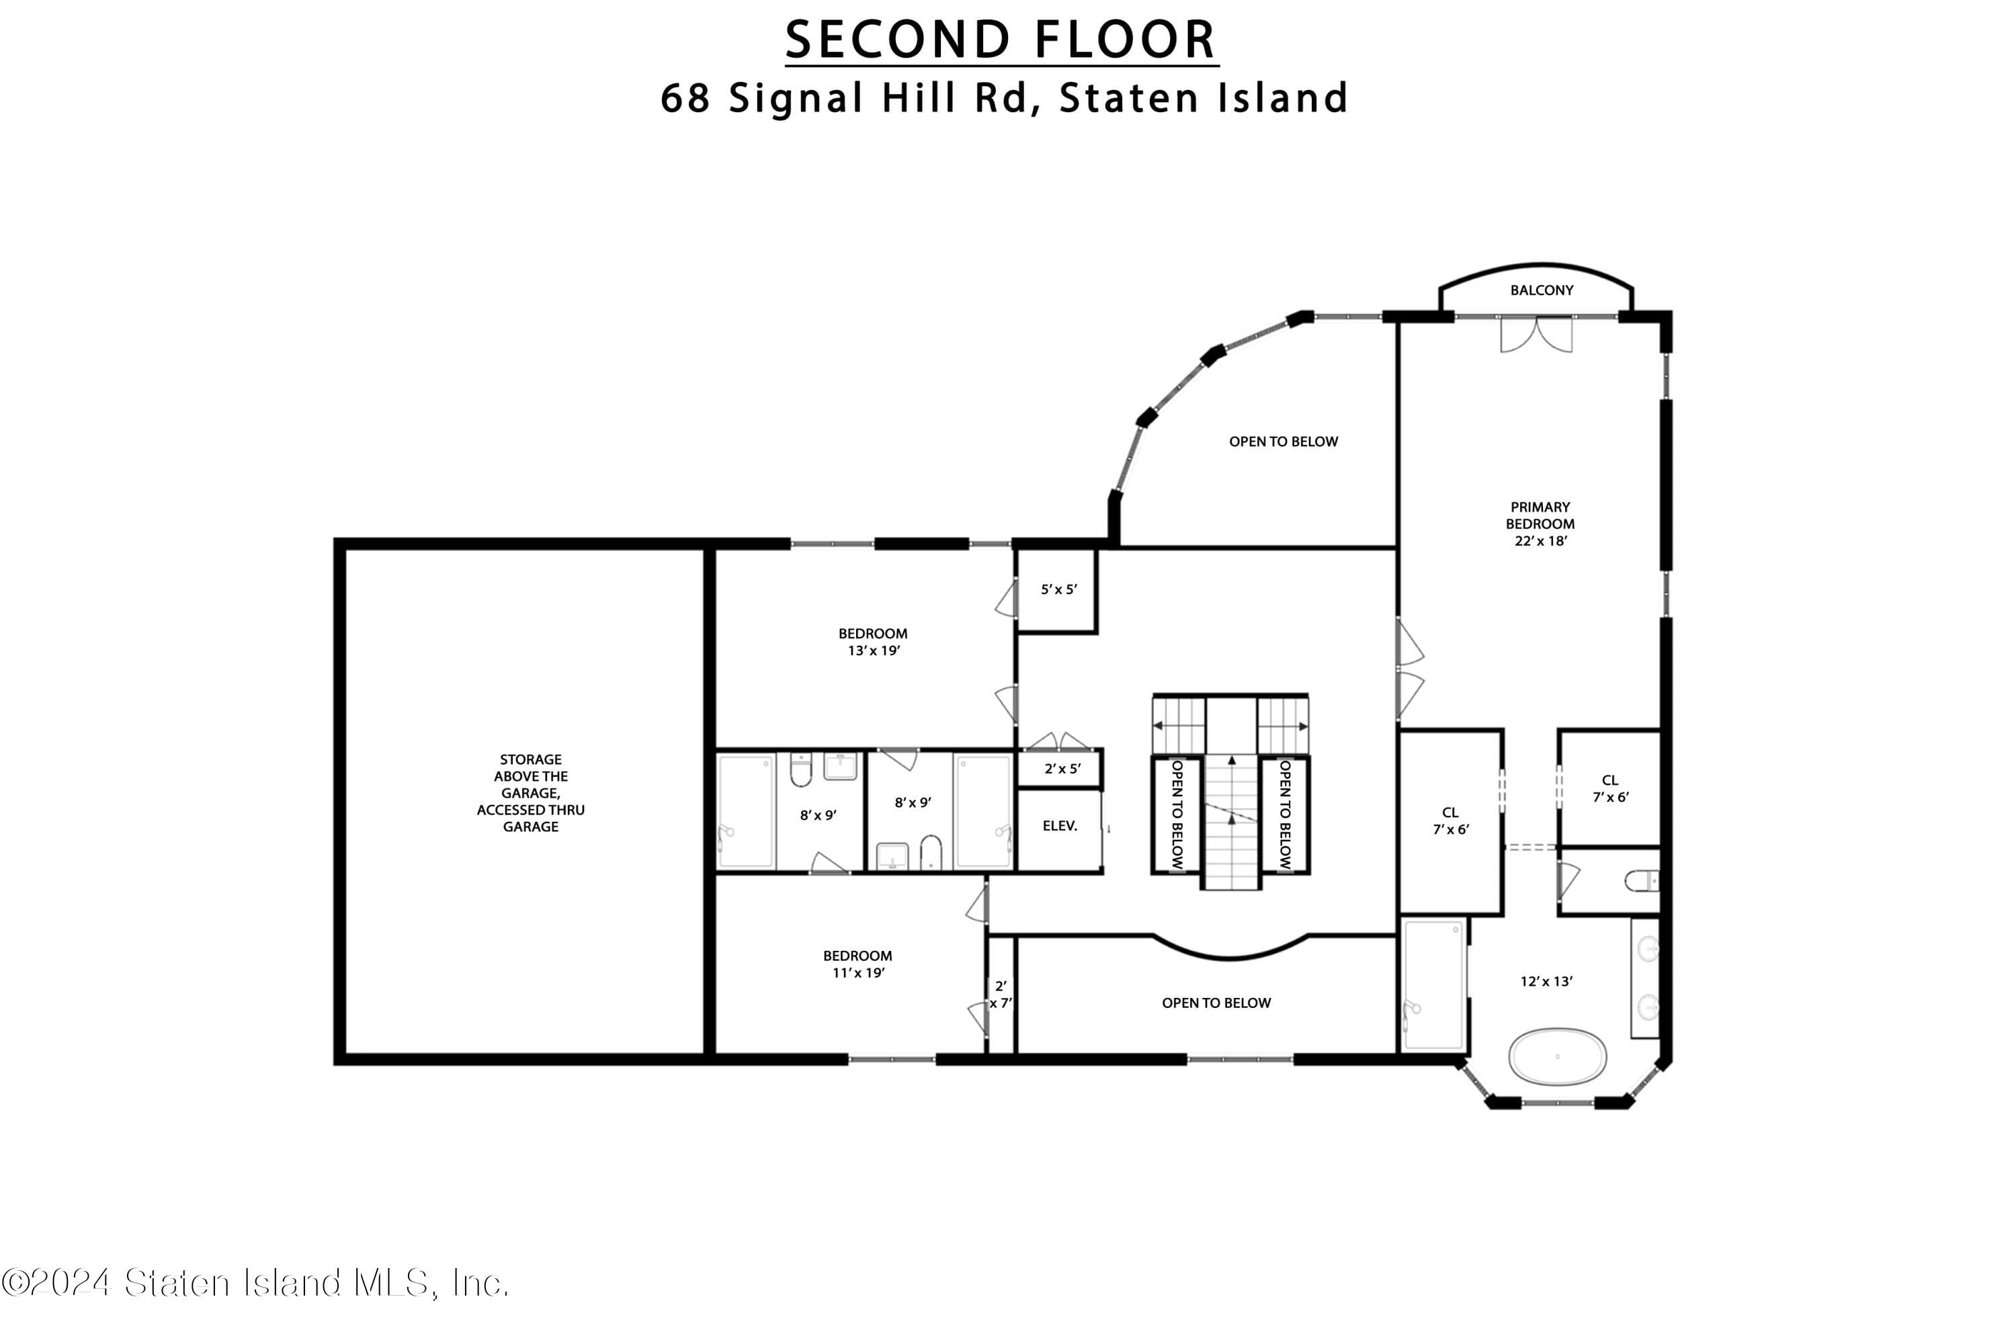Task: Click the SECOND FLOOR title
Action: [x=1001, y=40]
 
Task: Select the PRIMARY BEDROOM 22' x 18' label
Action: [x=1540, y=523]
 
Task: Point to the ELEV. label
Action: [x=1060, y=825]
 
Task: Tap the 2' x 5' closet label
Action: [x=1062, y=769]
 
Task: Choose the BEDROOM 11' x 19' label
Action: [x=857, y=964]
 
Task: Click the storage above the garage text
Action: [x=531, y=793]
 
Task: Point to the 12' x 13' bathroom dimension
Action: [x=1546, y=981]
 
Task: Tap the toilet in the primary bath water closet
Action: [x=1642, y=880]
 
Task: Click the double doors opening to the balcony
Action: [x=1536, y=334]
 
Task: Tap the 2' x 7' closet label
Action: [x=1001, y=995]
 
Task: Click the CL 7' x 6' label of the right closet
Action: [x=1611, y=788]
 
